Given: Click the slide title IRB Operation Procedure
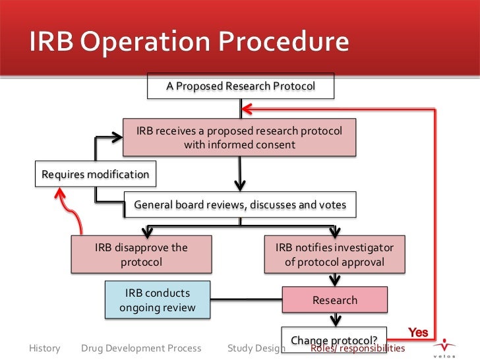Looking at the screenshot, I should point(188,43).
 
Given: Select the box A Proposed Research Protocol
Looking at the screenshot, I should point(240,86).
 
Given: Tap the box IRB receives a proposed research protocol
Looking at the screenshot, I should point(239,138).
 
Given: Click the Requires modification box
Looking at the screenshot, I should point(95,174).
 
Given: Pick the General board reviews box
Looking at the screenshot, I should point(240,205).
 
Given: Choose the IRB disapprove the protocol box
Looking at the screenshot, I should point(141,255).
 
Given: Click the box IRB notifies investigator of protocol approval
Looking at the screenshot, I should point(334,255).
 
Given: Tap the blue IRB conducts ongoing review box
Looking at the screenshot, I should point(158,300).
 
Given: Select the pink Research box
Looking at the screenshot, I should point(334,301).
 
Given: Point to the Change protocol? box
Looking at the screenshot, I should point(334,338).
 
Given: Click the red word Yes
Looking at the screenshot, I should point(418,332).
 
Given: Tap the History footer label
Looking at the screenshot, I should point(45,347).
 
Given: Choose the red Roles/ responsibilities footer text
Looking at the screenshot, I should point(359,348).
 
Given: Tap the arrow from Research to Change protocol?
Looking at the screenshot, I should point(335,319).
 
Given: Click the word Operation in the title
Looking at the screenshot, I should point(153,43).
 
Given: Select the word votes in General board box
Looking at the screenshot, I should point(332,205).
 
